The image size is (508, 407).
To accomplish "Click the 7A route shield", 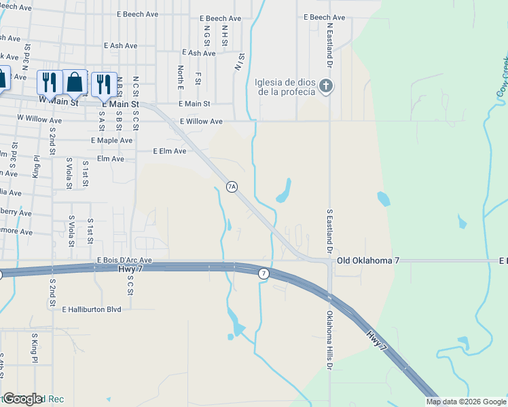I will coord(232,187).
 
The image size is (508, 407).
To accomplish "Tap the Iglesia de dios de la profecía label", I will coord(285,87).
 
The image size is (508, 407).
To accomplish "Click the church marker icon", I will coord(327,86).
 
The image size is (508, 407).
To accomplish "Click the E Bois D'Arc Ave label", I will coord(124,260).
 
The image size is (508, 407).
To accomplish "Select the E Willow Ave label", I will coord(201,121).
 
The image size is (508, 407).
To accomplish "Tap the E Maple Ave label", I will coord(111,140).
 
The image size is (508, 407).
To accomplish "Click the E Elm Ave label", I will coord(169,151).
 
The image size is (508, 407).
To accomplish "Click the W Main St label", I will coord(58,100).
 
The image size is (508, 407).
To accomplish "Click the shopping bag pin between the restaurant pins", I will coord(75,83).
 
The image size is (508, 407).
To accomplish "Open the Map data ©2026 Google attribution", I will coord(466,402).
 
